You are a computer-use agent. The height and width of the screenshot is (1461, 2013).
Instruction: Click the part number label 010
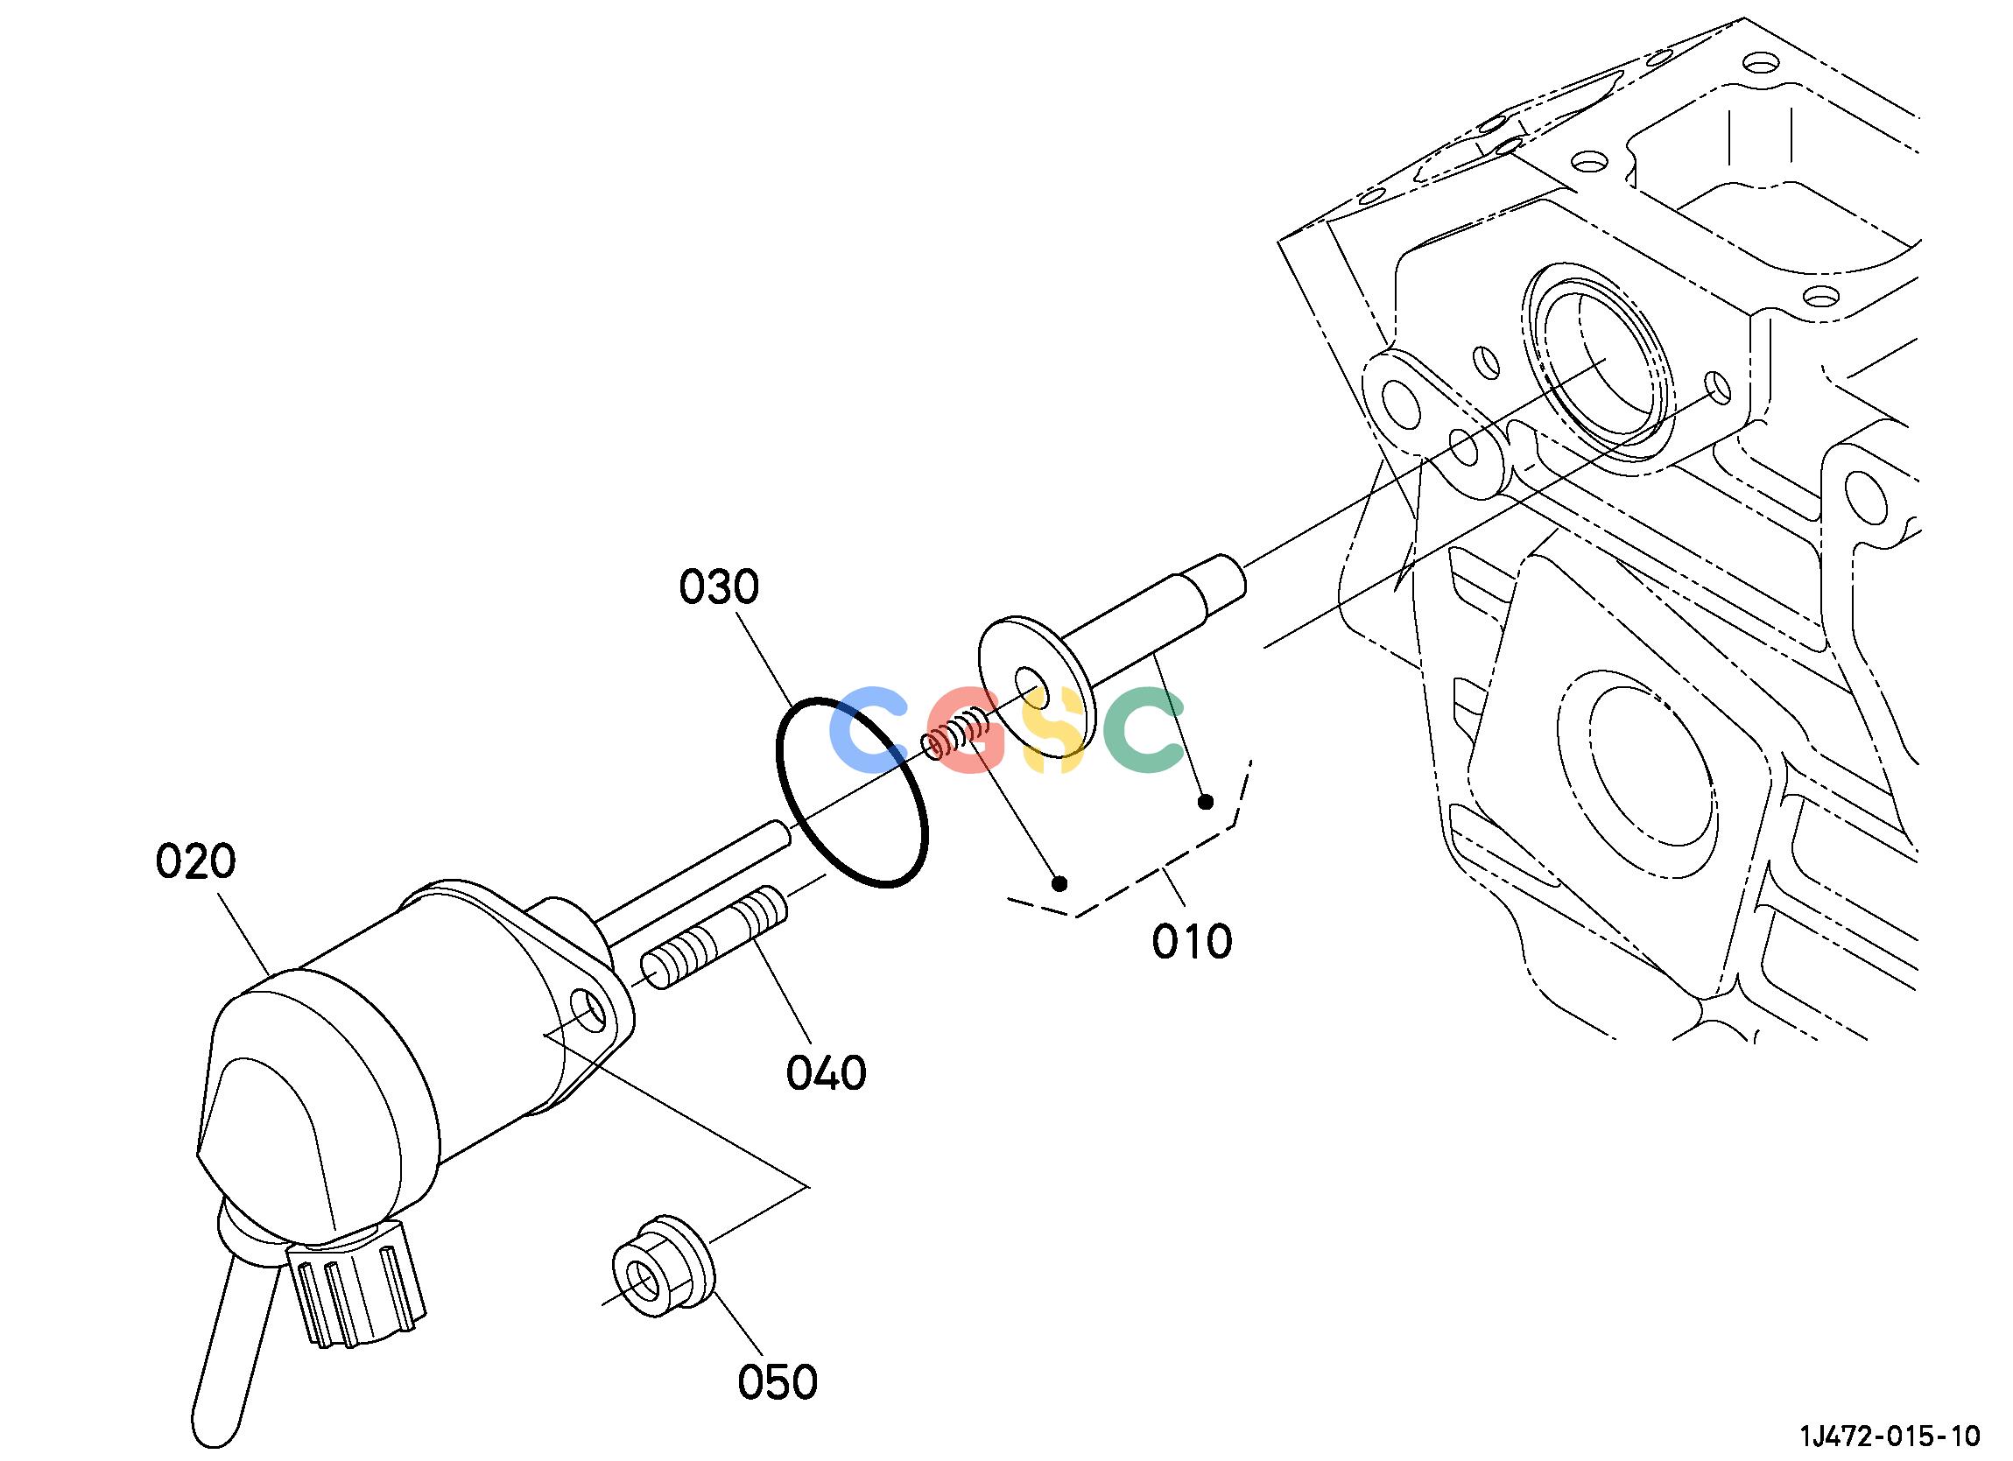tap(1192, 942)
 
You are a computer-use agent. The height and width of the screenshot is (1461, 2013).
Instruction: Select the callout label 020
tap(196, 862)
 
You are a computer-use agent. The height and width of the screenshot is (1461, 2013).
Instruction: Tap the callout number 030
tap(719, 587)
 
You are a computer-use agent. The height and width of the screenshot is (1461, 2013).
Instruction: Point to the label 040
tap(827, 1073)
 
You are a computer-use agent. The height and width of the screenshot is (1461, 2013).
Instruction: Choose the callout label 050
tap(778, 1382)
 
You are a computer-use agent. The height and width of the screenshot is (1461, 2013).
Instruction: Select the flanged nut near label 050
tap(662, 1266)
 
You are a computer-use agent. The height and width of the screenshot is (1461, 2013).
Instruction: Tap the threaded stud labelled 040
tap(714, 939)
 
